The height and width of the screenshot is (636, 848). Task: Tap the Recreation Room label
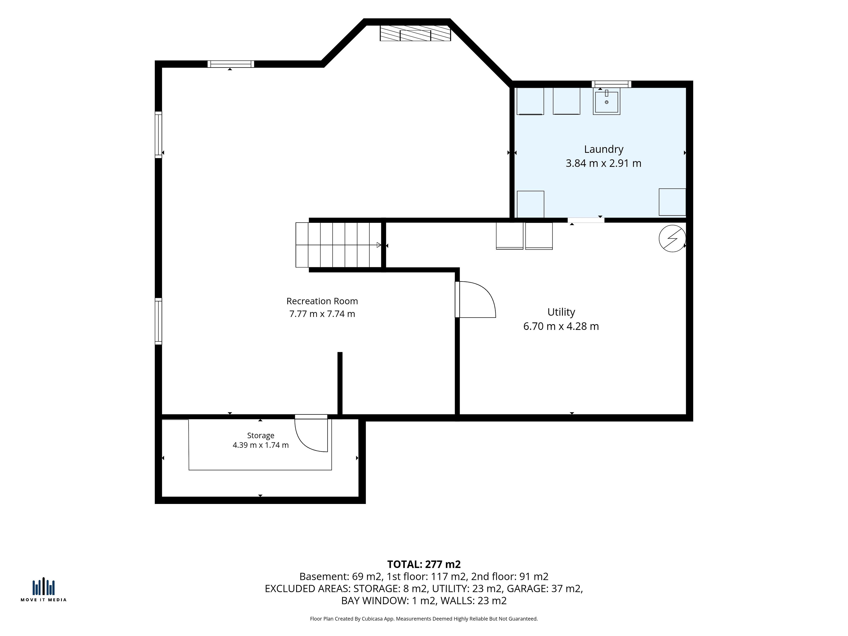point(322,301)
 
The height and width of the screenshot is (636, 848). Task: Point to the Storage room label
point(261,435)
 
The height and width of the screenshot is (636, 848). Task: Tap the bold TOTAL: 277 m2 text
point(424,564)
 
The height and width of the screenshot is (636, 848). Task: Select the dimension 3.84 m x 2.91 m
point(603,163)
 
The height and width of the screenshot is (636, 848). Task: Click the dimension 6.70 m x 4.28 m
point(561,326)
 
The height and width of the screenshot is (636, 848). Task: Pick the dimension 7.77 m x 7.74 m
point(322,314)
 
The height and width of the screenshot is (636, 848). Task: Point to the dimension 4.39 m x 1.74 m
point(261,445)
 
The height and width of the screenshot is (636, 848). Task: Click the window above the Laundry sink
point(611,84)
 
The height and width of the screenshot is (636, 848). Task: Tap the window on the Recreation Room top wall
point(231,64)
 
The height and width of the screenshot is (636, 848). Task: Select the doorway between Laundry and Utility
point(586,220)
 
